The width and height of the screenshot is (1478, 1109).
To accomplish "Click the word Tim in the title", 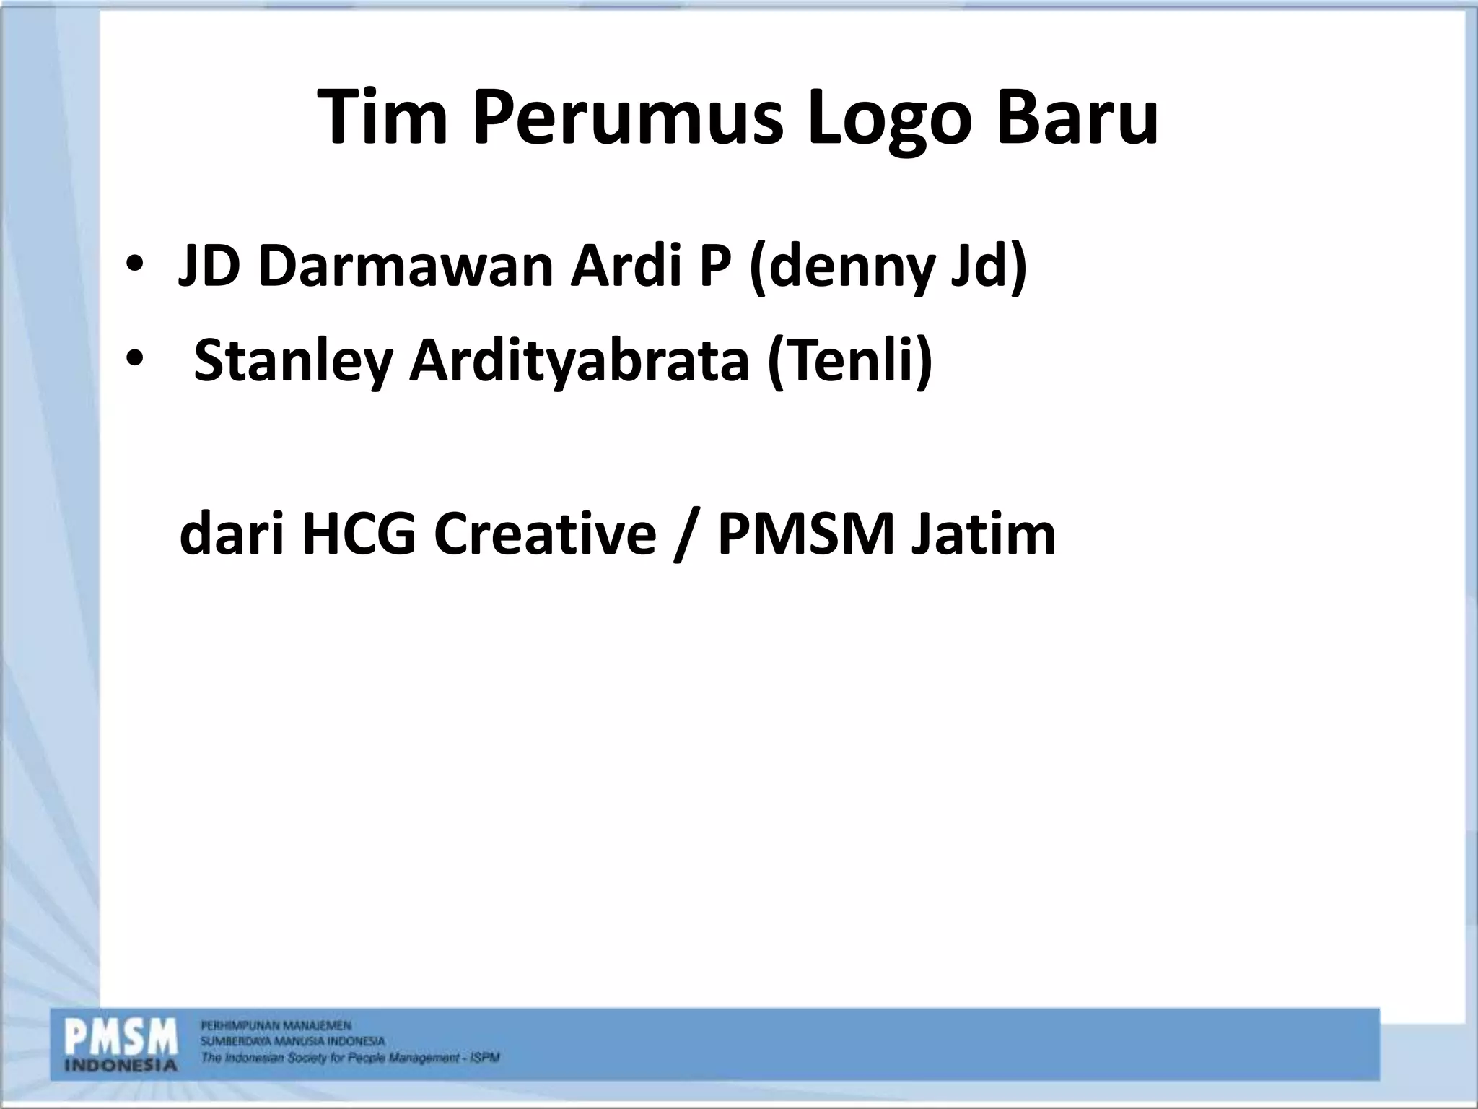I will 383,117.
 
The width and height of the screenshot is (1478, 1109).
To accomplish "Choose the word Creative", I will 545,534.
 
